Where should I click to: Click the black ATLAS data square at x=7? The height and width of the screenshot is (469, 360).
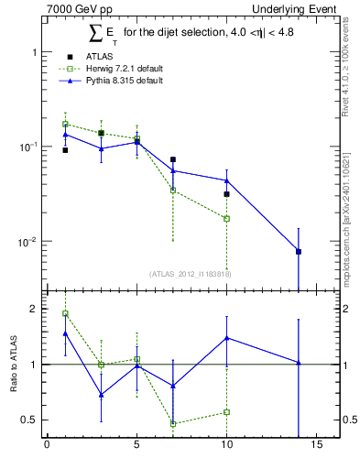coord(173,159)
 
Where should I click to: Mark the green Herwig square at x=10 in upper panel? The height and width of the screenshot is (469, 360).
coord(226,218)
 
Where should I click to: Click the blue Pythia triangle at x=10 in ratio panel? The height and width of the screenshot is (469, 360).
coord(226,338)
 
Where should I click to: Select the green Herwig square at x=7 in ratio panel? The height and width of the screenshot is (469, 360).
coord(173,423)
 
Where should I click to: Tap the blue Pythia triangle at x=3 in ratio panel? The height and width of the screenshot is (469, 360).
coord(101,395)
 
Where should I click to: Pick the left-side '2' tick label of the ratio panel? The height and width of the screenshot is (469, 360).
coord(32,309)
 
